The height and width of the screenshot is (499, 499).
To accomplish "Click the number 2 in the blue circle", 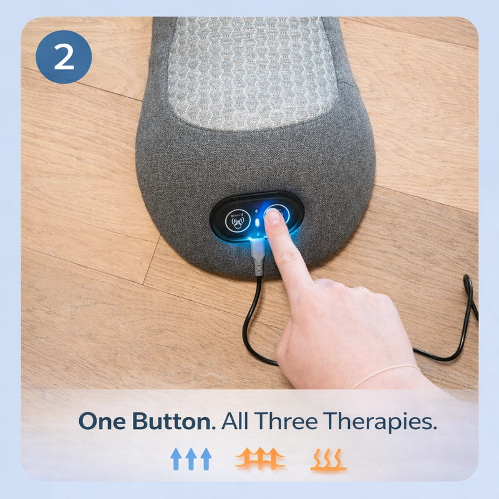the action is click(64, 57).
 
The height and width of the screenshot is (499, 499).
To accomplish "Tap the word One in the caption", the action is click(102, 421).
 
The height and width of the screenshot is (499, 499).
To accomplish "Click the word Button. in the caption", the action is click(174, 421).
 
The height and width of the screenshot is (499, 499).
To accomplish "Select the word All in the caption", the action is click(235, 420).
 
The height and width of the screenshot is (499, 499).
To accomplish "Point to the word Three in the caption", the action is click(286, 420).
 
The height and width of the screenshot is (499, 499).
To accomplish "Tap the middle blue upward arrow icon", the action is click(191, 459).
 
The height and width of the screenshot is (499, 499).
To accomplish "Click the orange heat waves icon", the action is click(329, 460).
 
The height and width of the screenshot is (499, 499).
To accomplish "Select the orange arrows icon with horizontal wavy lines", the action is click(260, 458).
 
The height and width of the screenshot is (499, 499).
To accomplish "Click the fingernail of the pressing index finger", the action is click(273, 216).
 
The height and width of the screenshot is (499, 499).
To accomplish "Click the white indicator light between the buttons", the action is click(257, 221).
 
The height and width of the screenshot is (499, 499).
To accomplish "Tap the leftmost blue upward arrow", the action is click(176, 459).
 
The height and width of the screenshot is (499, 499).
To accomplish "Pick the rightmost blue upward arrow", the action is click(206, 459).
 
